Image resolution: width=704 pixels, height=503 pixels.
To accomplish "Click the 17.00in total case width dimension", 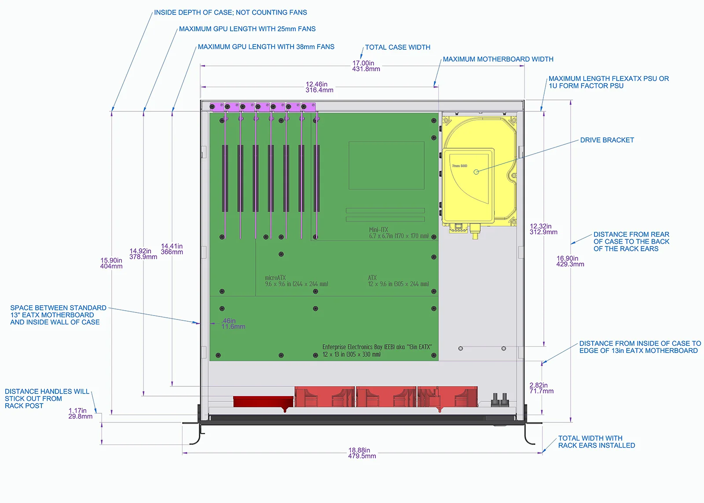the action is tap(366, 66).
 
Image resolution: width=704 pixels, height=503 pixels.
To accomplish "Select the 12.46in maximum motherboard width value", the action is tap(319, 87).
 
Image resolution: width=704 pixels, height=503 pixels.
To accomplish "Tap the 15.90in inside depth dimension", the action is tap(111, 263).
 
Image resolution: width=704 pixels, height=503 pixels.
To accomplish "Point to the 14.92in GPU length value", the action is tap(143, 254).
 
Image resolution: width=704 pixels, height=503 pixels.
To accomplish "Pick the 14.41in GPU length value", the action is tap(172, 249).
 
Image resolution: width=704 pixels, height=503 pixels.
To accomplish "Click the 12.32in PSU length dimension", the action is tap(543, 229).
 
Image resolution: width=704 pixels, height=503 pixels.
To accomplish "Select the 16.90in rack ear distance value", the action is tap(570, 261).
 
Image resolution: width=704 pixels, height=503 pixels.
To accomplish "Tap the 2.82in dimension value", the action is tap(541, 388).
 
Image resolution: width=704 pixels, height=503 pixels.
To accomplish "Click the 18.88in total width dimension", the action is tap(362, 453).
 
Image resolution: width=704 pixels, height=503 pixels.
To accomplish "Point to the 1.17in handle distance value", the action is tap(80, 413).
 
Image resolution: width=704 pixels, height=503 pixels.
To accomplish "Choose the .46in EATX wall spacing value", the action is tap(233, 323).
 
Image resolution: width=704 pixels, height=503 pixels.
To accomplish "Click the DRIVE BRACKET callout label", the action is tap(607, 140).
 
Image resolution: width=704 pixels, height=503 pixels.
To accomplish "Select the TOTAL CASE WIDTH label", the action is tap(398, 47).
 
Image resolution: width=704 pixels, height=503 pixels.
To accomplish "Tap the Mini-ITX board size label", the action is tap(399, 233).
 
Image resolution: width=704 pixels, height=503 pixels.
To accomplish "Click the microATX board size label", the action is tap(297, 281).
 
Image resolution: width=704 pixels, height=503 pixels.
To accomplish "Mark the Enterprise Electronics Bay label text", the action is tap(377, 351).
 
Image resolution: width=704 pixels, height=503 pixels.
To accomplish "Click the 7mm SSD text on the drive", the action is tap(459, 165).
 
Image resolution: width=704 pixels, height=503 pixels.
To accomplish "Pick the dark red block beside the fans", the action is tap(264, 402).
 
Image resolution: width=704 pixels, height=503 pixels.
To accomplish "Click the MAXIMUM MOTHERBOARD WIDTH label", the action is tap(498, 59).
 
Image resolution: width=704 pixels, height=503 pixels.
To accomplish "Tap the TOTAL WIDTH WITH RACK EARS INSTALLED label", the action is tap(597, 442).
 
